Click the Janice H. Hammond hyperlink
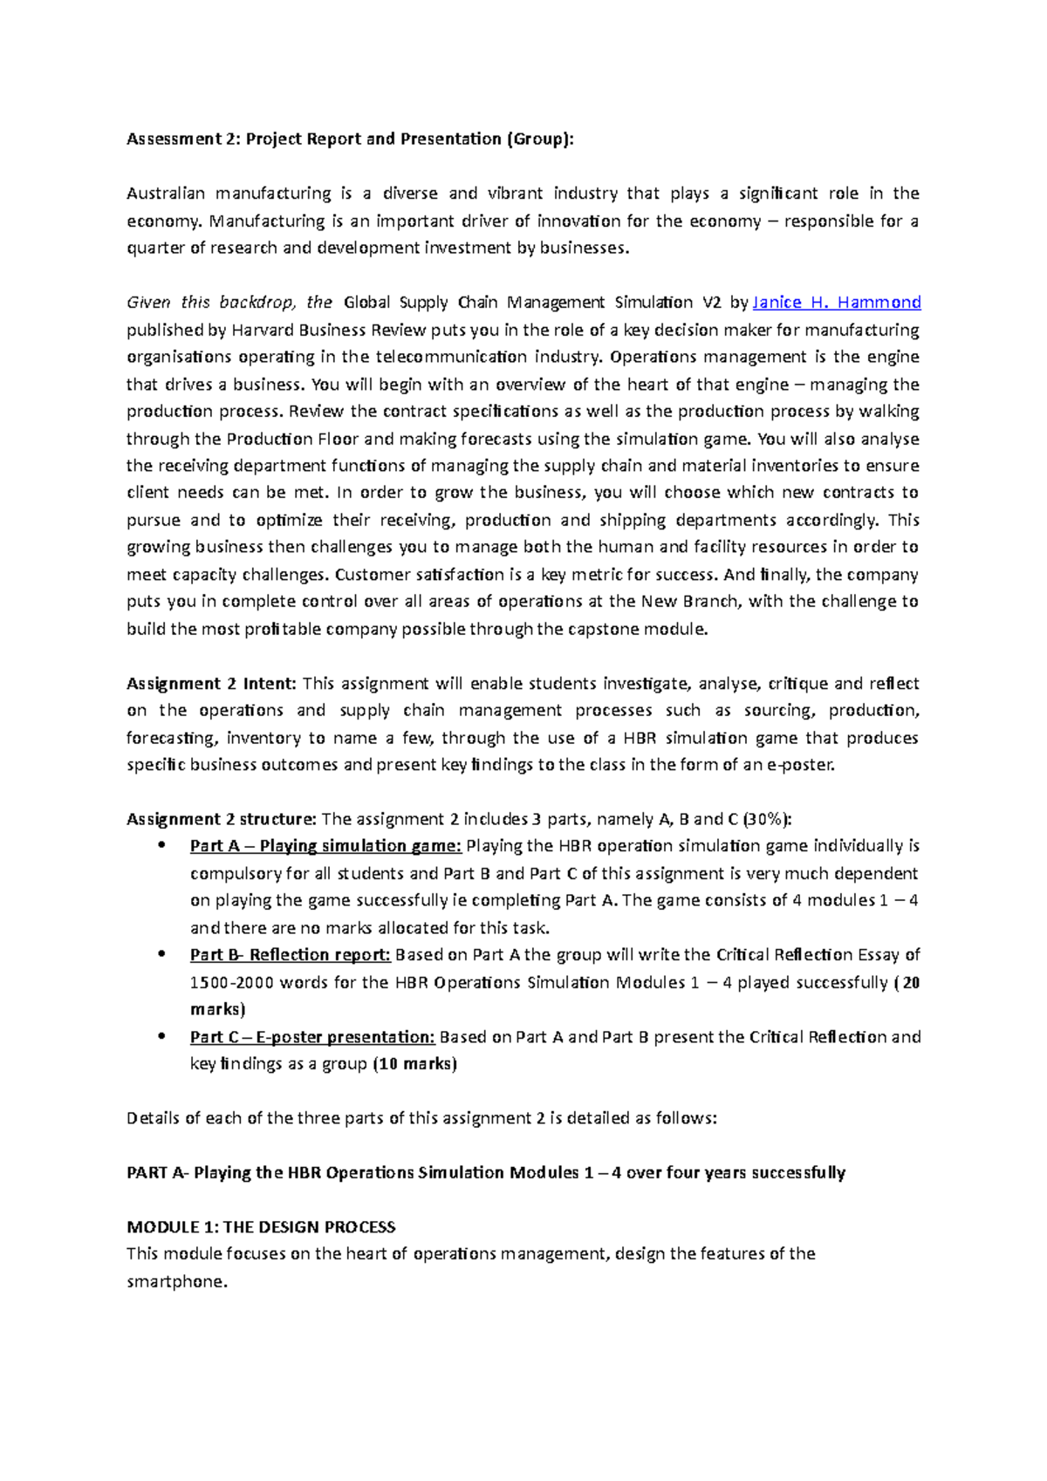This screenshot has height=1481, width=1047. click(x=836, y=303)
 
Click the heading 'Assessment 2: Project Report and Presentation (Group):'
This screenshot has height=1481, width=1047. click(x=351, y=140)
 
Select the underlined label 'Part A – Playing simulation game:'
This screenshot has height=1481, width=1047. click(x=325, y=846)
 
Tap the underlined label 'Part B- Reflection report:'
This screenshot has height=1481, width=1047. click(x=290, y=955)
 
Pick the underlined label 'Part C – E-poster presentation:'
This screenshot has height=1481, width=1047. click(x=312, y=1037)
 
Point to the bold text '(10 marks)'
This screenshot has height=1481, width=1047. click(x=414, y=1064)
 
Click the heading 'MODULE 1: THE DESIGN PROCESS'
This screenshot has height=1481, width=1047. click(x=261, y=1227)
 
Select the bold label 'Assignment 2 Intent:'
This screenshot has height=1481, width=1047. click(x=212, y=684)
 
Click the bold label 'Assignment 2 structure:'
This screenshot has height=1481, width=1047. click(x=222, y=819)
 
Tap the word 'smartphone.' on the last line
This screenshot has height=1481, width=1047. click(x=177, y=1282)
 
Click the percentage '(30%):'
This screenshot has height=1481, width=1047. click(x=768, y=819)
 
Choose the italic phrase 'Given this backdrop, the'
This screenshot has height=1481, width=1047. click(x=229, y=303)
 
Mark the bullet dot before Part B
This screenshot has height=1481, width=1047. click(x=161, y=954)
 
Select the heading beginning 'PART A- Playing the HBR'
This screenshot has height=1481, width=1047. click(x=486, y=1173)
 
